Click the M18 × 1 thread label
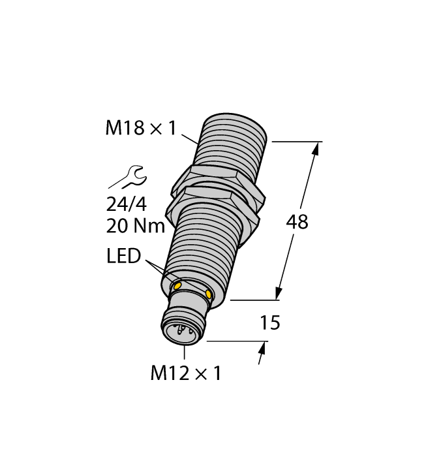click(x=141, y=129)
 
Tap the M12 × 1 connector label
click(x=186, y=373)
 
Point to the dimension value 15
click(x=269, y=323)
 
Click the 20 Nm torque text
click(x=134, y=227)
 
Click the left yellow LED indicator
click(x=176, y=285)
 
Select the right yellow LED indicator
click(x=209, y=295)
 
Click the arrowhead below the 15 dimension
click(x=262, y=356)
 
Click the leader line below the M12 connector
click(x=185, y=352)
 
